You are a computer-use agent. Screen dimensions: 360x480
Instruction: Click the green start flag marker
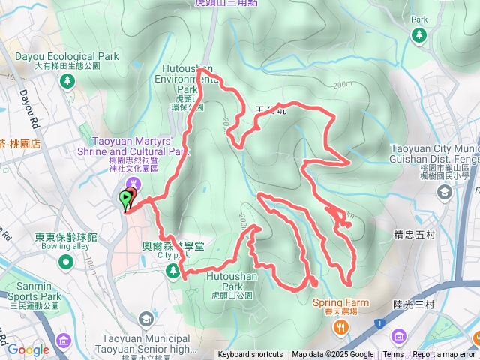124,198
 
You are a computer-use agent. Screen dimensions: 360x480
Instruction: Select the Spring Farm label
340,303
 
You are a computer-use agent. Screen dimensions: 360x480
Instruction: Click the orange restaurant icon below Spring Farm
340,326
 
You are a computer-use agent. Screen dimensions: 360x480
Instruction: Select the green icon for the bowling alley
66,262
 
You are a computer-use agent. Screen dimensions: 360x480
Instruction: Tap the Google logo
28,349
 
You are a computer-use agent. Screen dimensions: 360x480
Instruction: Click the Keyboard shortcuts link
250,355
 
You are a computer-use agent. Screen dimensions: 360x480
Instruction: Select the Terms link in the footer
393,355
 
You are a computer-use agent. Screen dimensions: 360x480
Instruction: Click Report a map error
444,355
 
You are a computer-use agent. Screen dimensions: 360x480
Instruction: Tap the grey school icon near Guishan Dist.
444,193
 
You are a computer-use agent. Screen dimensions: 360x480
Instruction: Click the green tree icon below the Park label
418,34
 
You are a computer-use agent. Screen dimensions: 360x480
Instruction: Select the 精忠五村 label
414,234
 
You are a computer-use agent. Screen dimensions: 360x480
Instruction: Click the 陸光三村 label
414,304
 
